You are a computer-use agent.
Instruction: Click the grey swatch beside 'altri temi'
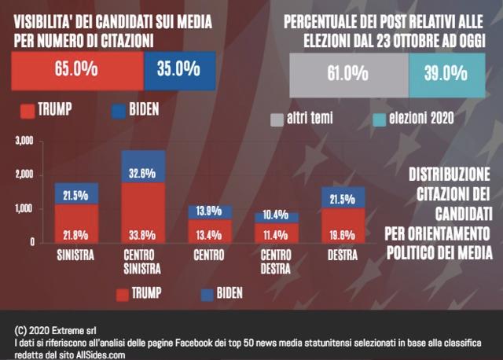276,119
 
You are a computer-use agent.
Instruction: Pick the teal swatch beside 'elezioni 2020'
376,119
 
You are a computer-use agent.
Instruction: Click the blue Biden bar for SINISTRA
76,193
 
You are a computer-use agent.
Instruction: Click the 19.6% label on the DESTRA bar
343,233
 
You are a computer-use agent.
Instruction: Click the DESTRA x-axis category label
343,255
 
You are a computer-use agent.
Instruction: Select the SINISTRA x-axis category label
76,255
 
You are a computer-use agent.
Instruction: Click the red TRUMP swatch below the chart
123,295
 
